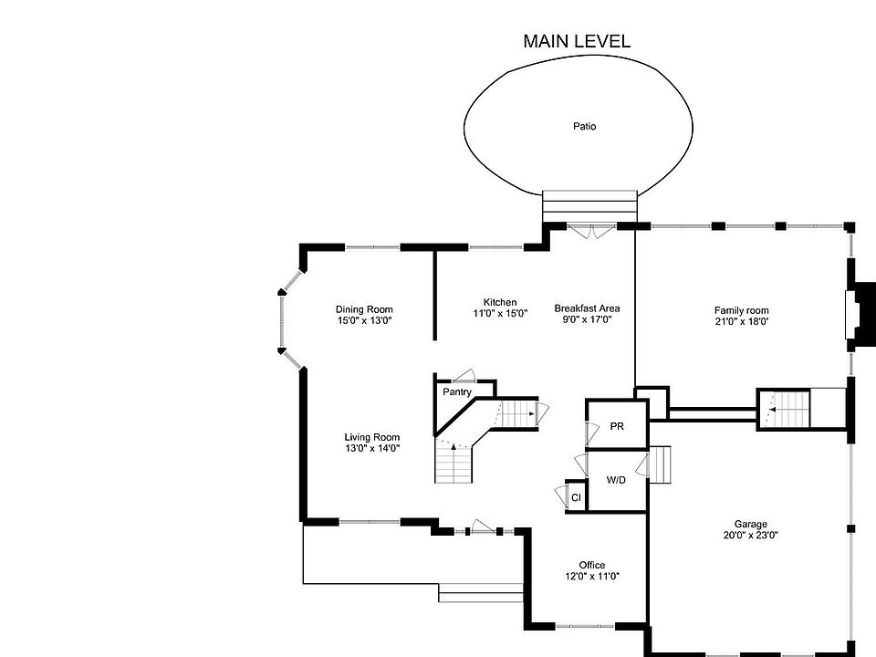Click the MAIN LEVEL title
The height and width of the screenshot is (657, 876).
[576, 41]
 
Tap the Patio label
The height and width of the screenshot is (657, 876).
[584, 127]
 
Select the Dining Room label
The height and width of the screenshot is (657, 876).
[364, 309]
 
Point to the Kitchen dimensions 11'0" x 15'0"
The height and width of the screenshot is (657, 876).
[500, 314]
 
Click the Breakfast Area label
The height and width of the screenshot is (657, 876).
[587, 308]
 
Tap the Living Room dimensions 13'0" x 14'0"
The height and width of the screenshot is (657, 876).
[371, 448]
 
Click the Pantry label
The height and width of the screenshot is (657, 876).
[457, 392]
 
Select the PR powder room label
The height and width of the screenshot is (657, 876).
[617, 427]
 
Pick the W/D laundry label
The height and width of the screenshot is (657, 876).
[616, 480]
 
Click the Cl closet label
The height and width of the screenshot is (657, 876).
[576, 497]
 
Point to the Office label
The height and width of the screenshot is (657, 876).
[591, 565]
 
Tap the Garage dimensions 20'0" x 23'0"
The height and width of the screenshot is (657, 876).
[751, 536]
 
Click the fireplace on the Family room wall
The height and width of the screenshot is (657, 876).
[858, 308]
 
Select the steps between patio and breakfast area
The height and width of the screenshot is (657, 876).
[589, 203]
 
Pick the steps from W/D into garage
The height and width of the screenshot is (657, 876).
[660, 464]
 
